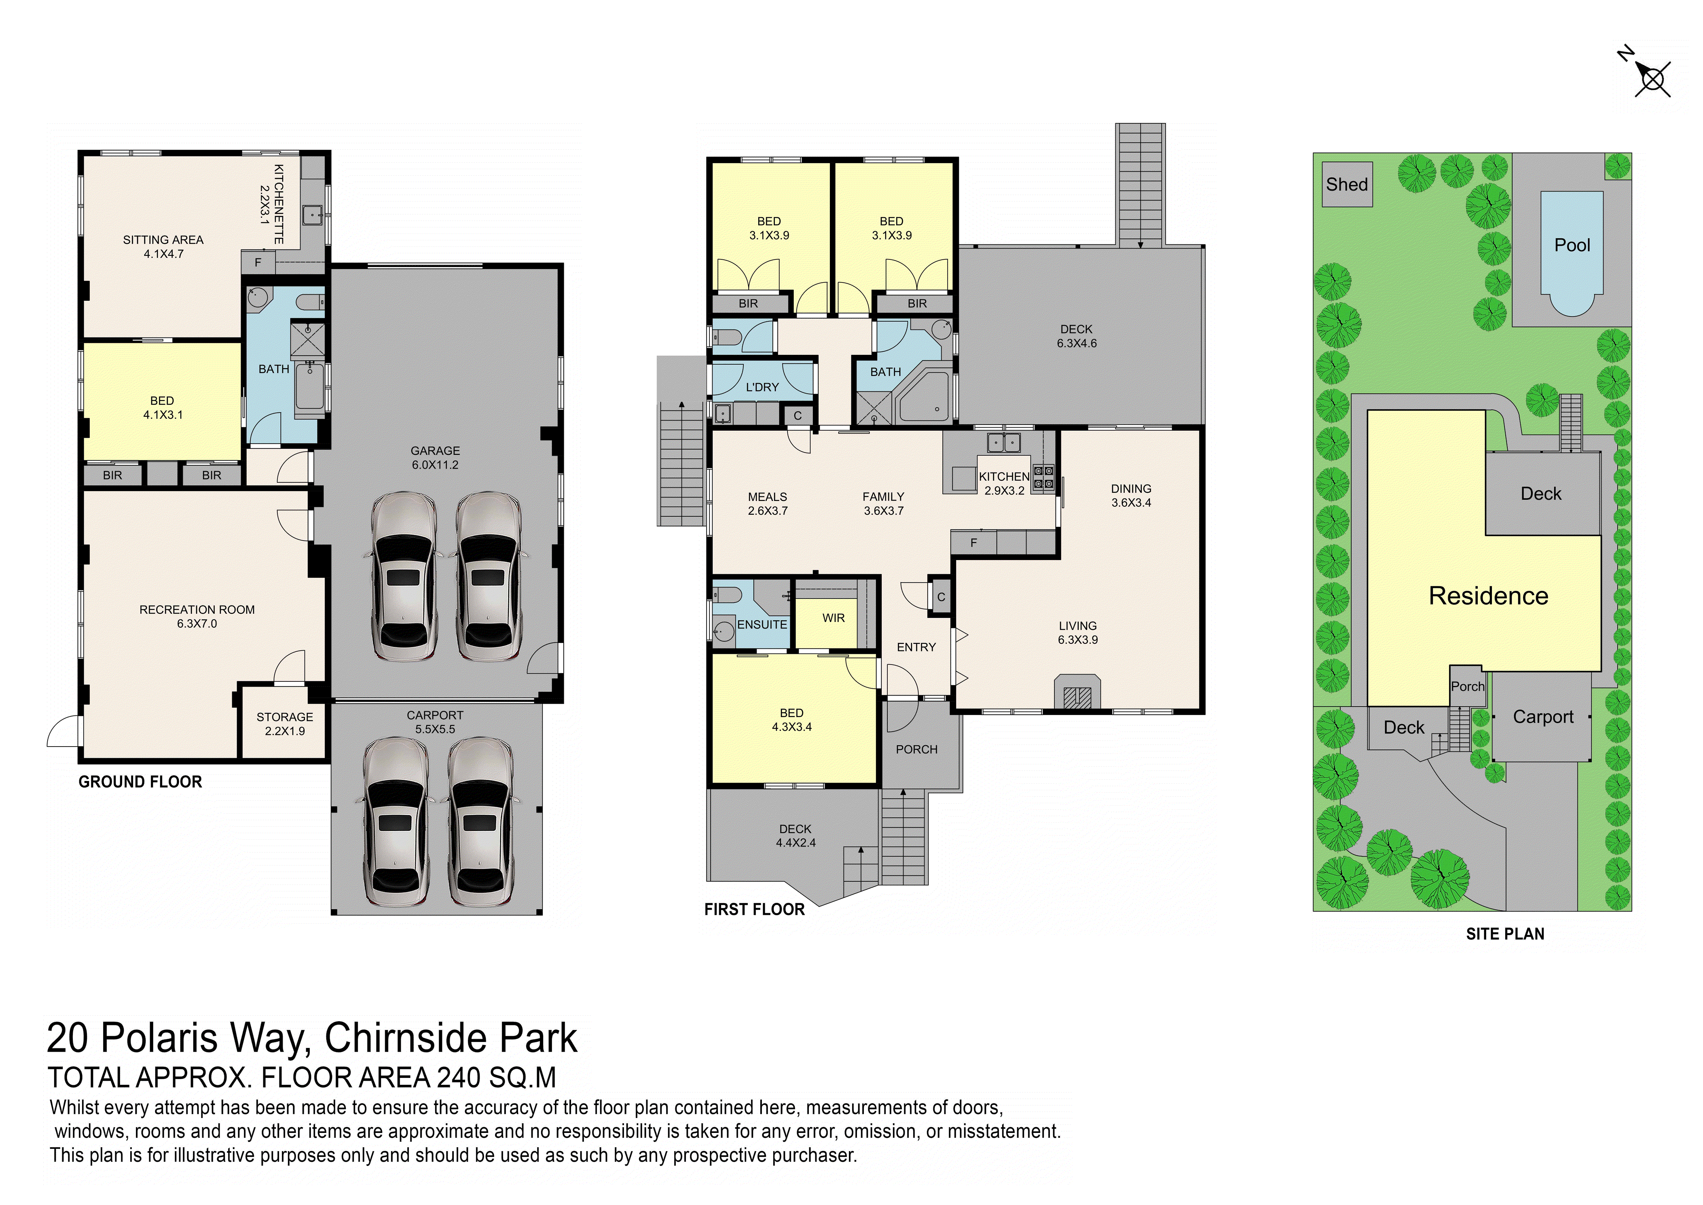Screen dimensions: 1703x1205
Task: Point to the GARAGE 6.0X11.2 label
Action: click(436, 458)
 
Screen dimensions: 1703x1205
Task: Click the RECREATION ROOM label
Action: click(197, 610)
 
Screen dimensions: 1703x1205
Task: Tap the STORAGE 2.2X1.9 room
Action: click(285, 722)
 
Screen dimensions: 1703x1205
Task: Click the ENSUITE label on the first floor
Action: click(762, 625)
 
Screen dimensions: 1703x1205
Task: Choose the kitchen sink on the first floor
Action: click(1003, 443)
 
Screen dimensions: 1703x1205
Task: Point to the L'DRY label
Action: click(762, 387)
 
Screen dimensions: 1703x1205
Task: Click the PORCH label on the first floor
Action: click(917, 749)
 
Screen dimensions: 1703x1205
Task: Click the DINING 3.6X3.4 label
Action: click(1131, 496)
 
